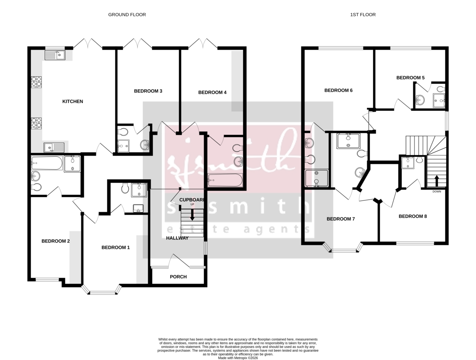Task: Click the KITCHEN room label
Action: point(73,102)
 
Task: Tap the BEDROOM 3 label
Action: point(148,91)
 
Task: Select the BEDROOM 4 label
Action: point(212,92)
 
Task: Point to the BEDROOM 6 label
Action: point(338,90)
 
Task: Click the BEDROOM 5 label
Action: point(411,78)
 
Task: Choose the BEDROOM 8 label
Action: point(413,217)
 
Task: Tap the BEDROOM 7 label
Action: point(341,219)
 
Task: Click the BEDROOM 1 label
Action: point(115,248)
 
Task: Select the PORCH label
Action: point(178,277)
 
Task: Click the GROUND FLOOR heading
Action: point(127,15)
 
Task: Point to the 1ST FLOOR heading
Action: point(363,15)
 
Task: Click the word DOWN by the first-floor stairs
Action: point(437,191)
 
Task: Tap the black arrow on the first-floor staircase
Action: point(436,181)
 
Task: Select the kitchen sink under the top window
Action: point(55,55)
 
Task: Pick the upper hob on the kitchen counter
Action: point(37,82)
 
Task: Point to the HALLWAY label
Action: point(177,238)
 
